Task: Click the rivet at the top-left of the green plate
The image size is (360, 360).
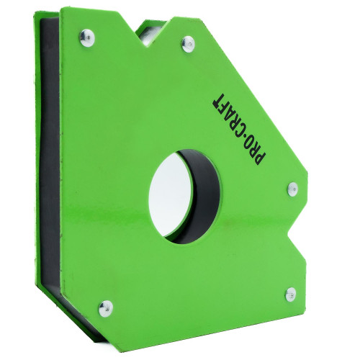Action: [87, 37]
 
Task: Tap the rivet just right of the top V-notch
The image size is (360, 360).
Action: [188, 44]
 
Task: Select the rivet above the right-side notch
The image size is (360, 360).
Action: [292, 189]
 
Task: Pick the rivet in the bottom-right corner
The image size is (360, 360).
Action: [291, 294]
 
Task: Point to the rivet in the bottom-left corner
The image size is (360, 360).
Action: [106, 308]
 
